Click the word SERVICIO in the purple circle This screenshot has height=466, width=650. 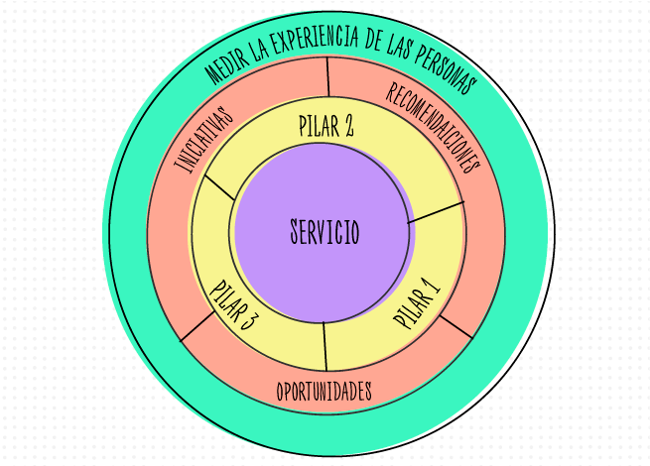click(325, 233)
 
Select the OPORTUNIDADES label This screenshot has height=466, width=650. click(325, 391)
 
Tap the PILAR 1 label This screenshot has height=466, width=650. click(416, 302)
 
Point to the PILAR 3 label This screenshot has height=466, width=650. click(235, 307)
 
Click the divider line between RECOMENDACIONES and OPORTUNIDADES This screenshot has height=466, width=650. click(455, 326)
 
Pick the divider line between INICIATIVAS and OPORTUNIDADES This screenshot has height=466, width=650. click(196, 328)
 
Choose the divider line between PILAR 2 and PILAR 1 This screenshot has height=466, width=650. click(436, 211)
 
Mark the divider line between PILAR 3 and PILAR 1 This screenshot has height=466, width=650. click(325, 346)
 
